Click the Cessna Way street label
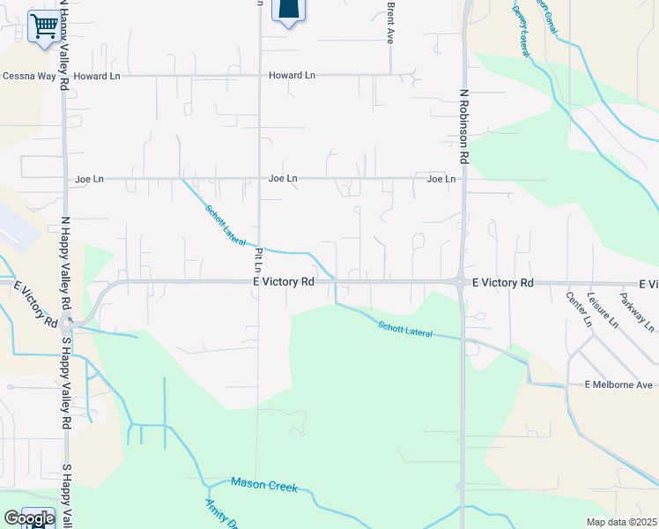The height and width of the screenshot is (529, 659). click(x=28, y=77)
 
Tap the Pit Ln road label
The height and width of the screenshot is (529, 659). click(x=259, y=258)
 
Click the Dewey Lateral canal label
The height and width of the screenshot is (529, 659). click(x=522, y=26)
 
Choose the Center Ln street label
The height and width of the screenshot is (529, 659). click(x=579, y=309)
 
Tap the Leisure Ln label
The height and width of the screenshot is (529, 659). click(x=603, y=309)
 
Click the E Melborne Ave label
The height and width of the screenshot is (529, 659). click(x=619, y=385)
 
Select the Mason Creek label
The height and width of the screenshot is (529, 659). click(x=264, y=484)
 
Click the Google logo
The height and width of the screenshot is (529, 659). click(x=28, y=519)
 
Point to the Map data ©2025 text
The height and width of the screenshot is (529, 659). click(x=621, y=522)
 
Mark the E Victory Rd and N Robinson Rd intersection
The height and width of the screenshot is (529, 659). click(x=461, y=282)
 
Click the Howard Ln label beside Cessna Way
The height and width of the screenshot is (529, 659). click(x=96, y=77)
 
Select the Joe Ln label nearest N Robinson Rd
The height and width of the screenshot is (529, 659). click(x=441, y=179)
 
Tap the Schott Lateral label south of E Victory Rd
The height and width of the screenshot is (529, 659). click(x=405, y=329)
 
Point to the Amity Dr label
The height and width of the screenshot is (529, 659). click(x=220, y=514)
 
